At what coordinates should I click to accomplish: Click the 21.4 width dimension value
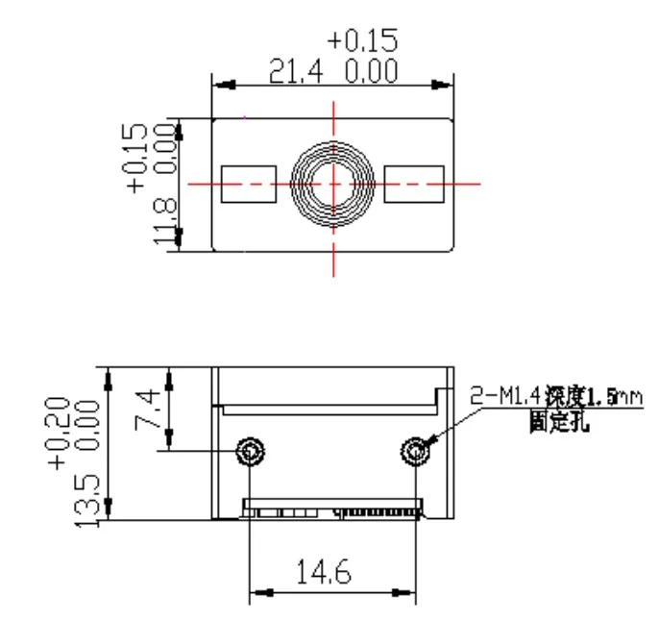pos(293,73)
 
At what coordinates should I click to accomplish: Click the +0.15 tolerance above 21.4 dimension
pos(362,41)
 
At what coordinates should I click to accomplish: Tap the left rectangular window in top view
pos(248,183)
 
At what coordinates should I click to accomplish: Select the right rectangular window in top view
pos(413,183)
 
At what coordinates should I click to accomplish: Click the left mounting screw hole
pos(252,450)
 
